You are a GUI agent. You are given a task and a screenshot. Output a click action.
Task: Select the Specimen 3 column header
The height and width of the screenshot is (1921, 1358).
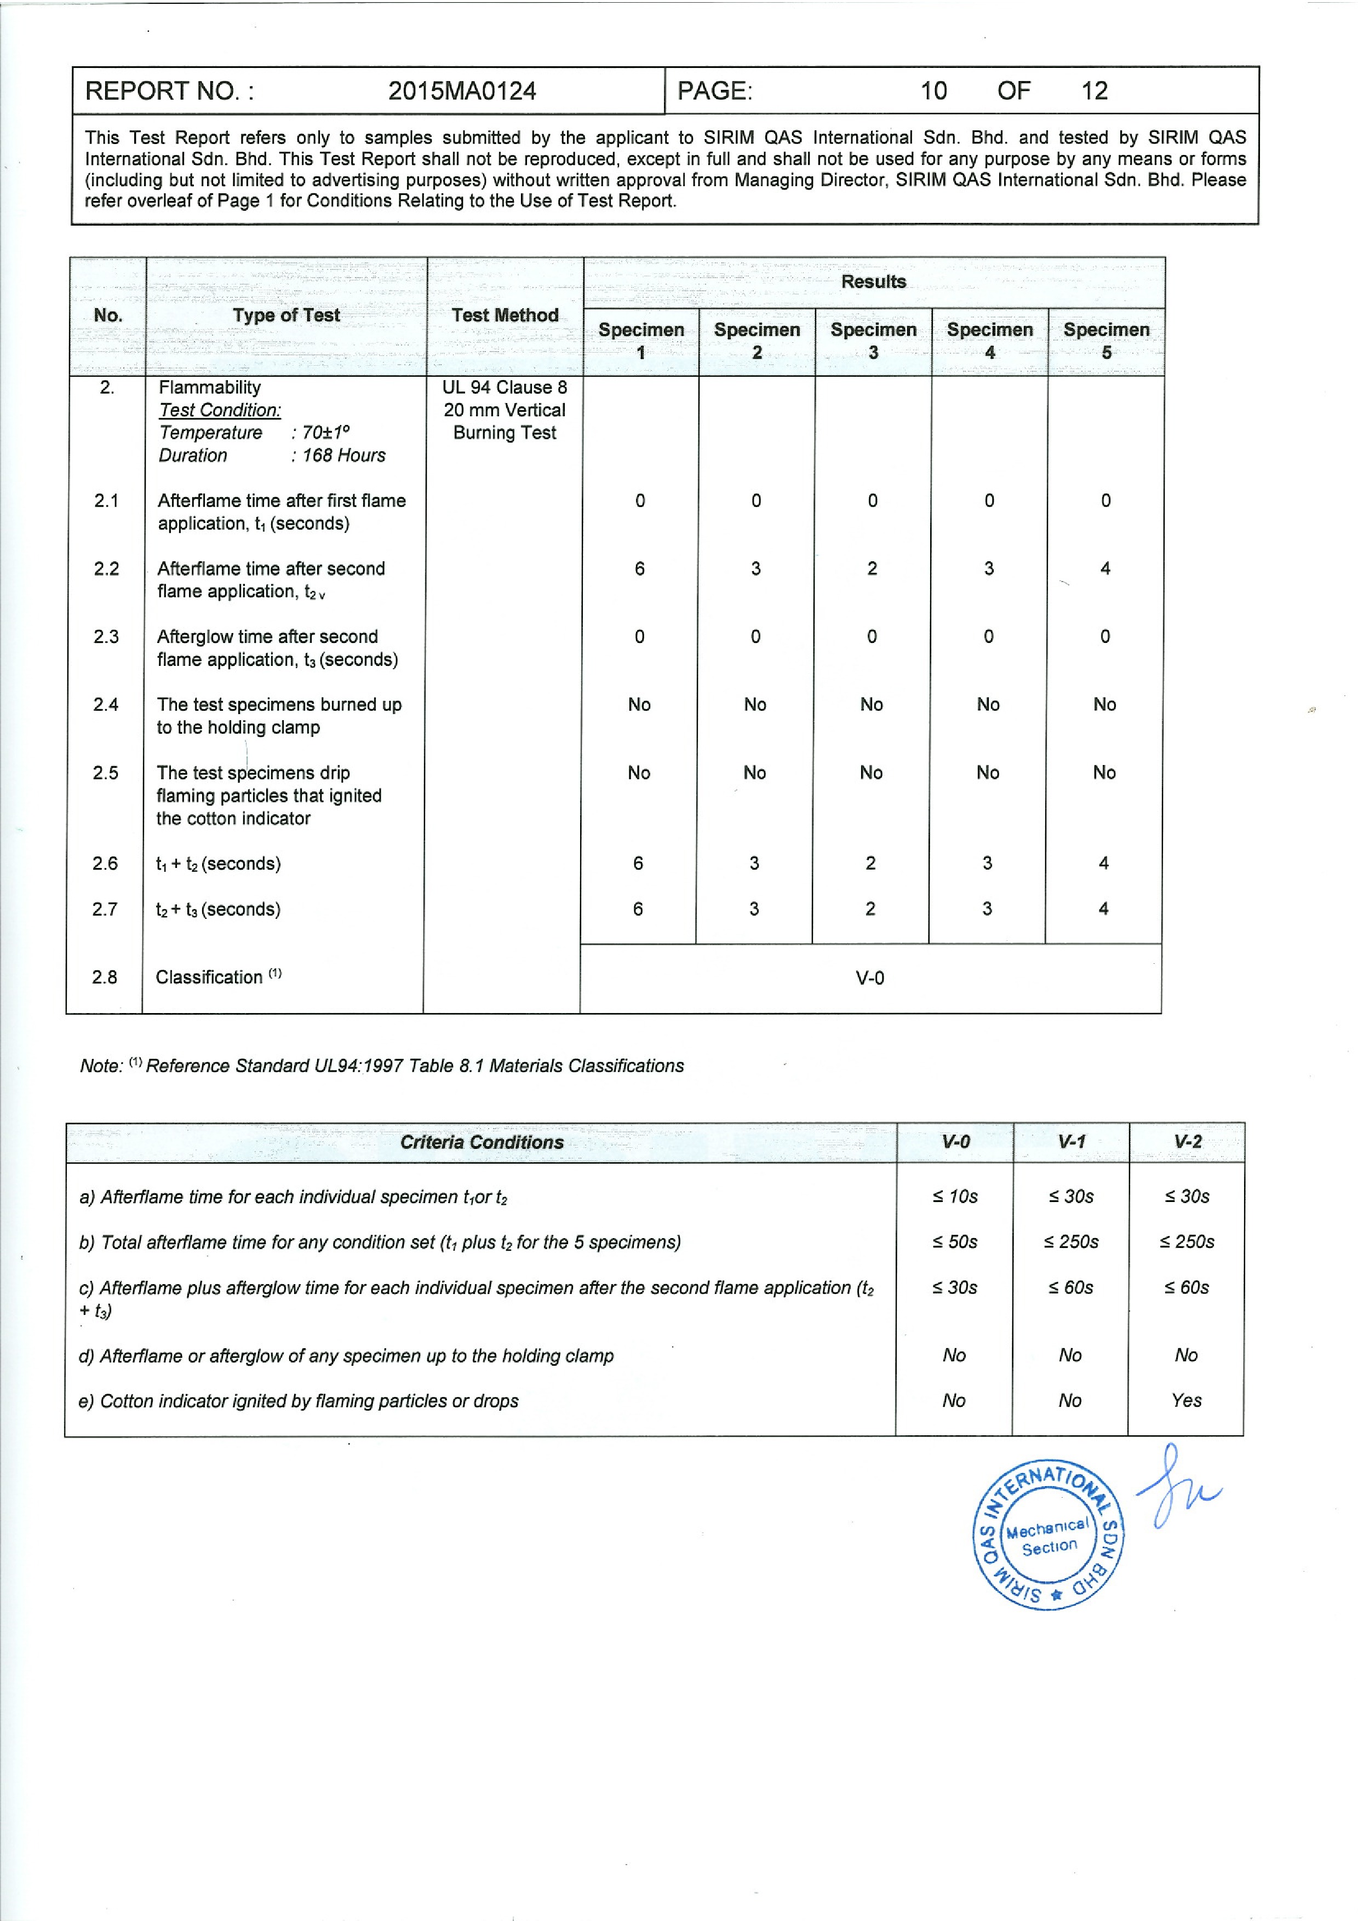873,341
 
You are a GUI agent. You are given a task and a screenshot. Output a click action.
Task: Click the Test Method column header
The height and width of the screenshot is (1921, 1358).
505,315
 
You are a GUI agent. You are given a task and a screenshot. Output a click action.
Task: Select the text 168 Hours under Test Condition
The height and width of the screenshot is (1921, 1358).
344,455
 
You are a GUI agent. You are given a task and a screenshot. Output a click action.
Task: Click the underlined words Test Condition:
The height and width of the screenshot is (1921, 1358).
220,410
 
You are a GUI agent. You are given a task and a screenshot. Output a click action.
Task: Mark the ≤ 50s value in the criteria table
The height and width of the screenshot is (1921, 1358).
955,1241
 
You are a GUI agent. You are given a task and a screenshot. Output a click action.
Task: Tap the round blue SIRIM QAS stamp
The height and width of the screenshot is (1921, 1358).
1048,1536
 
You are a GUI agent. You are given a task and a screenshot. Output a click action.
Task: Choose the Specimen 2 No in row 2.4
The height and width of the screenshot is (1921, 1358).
755,704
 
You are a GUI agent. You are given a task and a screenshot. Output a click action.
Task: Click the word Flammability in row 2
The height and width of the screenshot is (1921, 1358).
209,387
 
